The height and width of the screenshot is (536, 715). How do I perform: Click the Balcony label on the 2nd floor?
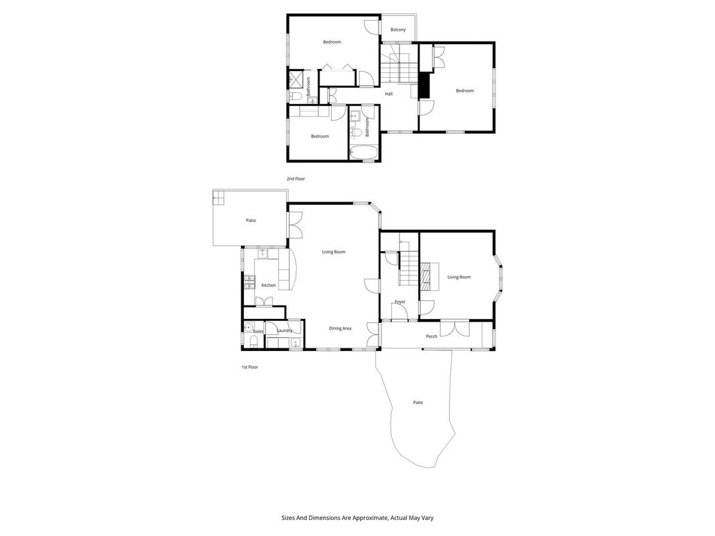(x=398, y=29)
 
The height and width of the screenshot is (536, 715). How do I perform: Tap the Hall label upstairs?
(x=389, y=94)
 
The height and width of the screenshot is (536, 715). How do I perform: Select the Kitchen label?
(x=269, y=285)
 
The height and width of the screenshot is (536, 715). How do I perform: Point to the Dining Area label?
(x=340, y=328)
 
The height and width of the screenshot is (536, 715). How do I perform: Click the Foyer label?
(x=400, y=301)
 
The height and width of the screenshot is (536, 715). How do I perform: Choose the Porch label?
(x=432, y=336)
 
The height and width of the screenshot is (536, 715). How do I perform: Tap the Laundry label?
(x=285, y=330)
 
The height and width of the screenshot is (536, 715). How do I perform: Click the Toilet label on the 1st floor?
(x=258, y=332)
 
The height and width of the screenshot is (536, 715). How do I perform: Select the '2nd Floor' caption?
(x=296, y=179)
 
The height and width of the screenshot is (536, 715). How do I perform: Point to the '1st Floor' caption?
(x=250, y=367)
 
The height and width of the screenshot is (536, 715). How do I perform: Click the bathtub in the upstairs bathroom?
(x=363, y=152)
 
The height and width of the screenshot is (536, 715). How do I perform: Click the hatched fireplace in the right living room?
(x=426, y=276)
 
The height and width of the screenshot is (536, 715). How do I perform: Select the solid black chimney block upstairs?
(x=425, y=85)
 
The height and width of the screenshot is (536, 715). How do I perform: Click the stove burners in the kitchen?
(x=249, y=283)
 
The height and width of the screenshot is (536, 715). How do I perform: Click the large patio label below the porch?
(x=418, y=403)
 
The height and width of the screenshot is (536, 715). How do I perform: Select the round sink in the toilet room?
(x=249, y=327)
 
